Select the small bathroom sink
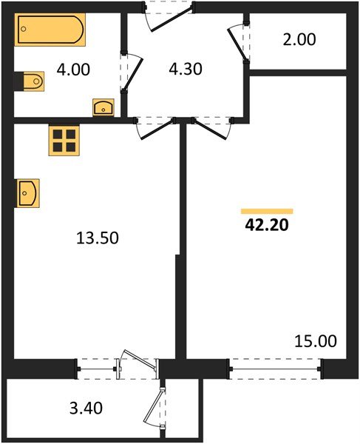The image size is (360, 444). coord(103,108)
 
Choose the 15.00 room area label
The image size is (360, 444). coord(316,341)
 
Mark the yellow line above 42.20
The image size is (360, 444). coord(267,212)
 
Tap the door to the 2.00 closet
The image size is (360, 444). coord(241,43)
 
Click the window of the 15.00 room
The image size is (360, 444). coord(275,365)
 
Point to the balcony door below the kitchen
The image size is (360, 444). coord(138,365)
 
